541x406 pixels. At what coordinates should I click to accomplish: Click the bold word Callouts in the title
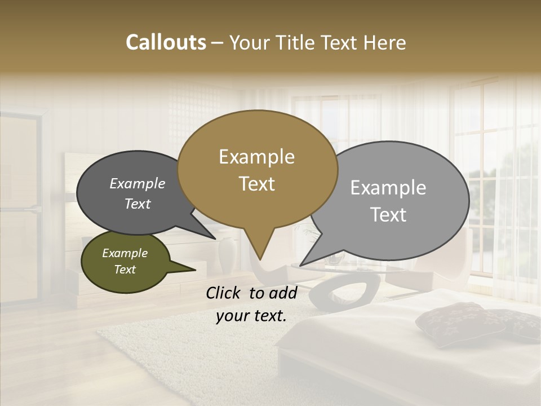[166, 42]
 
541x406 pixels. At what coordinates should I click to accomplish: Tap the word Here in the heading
[384, 42]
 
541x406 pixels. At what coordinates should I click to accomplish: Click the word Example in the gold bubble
[256, 157]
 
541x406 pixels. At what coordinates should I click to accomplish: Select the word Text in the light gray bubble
[388, 215]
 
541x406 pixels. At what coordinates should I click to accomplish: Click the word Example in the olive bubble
[125, 253]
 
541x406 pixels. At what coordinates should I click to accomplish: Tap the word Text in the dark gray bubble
[138, 204]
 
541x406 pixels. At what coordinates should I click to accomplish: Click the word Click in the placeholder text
[224, 293]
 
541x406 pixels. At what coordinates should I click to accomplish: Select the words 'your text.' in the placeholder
[251, 316]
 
